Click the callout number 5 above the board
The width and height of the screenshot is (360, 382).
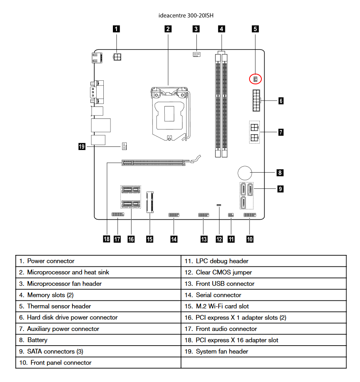coord(255,29)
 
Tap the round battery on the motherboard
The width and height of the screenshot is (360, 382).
coord(245,173)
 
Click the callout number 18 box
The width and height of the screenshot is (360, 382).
coord(106,239)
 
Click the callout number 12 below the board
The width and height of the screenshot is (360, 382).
coord(219,239)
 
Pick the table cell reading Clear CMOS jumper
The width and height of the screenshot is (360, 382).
coord(224,272)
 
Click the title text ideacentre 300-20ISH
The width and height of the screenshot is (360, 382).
coord(181,15)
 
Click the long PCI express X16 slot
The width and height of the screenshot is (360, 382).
coord(152,162)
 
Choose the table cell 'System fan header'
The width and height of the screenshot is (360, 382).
coord(222,352)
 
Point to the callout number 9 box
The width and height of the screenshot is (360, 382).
coord(280,189)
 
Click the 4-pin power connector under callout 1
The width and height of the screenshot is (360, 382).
coord(117,57)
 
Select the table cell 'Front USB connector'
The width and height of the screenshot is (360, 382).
coord(225,284)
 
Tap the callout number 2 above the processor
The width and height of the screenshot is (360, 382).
coord(168,29)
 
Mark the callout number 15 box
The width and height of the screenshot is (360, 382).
coord(149,239)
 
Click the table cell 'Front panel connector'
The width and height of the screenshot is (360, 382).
coord(59,363)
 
